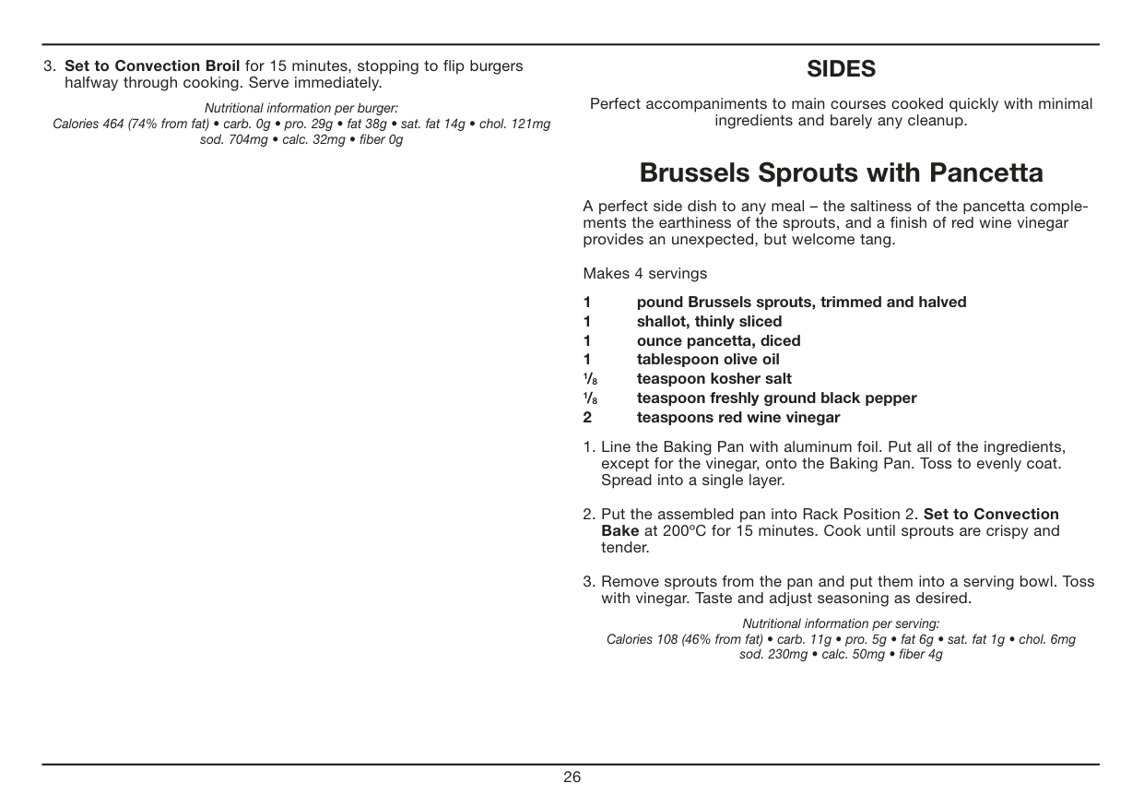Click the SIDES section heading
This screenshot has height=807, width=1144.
point(841,69)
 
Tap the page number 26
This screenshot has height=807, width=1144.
point(572,777)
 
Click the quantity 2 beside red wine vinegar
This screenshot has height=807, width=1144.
point(587,418)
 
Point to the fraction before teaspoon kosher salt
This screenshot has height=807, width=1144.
point(588,379)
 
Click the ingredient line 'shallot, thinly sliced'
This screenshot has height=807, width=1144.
point(709,321)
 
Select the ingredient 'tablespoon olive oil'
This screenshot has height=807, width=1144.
point(708,360)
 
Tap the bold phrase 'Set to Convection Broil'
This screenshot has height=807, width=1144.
point(152,66)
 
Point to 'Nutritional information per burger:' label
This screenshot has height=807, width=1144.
point(301,108)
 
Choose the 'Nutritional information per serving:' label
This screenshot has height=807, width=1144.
point(841,623)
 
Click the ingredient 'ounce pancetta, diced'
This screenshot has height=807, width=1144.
point(718,340)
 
